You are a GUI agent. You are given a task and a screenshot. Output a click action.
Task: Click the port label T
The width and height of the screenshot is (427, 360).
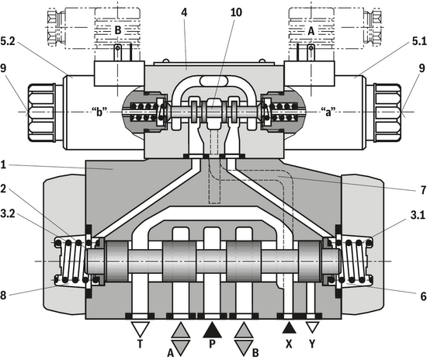pos(140,344)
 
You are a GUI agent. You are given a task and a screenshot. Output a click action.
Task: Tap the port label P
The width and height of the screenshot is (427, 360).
pos(213,344)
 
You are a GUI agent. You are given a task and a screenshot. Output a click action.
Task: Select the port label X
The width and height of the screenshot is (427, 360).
pos(289,344)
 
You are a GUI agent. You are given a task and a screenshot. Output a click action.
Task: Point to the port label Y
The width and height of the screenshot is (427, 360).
pos(312,344)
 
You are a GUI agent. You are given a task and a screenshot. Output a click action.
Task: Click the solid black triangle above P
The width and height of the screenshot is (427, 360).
pos(213,330)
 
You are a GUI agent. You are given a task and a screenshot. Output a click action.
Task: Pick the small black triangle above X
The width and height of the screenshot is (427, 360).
pos(290,328)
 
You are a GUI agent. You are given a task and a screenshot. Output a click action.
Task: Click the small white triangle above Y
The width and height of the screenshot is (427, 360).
pos(312,327)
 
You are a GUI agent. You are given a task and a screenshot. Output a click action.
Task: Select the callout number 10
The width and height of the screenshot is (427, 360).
pos(236,12)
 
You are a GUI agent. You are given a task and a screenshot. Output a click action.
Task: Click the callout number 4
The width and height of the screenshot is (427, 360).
pos(184,12)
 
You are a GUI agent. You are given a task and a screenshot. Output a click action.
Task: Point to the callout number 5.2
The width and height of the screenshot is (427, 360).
pos(8,42)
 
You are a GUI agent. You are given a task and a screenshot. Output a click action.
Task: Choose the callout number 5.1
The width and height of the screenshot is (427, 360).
pos(418,42)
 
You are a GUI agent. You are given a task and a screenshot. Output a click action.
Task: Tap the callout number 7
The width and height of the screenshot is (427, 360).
pos(423,190)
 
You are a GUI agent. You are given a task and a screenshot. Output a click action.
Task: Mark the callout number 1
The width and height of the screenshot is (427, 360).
pos(3,165)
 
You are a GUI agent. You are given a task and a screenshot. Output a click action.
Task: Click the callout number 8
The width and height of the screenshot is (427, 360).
pos(3,296)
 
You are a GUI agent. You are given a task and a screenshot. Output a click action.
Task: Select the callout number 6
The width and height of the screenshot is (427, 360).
pos(423,296)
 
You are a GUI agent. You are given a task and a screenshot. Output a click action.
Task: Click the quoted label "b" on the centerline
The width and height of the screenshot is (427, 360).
pos(99,112)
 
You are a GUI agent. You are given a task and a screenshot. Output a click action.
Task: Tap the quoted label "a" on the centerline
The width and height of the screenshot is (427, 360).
pos(328,112)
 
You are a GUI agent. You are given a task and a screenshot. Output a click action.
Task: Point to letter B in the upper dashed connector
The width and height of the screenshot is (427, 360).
pos(118,30)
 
